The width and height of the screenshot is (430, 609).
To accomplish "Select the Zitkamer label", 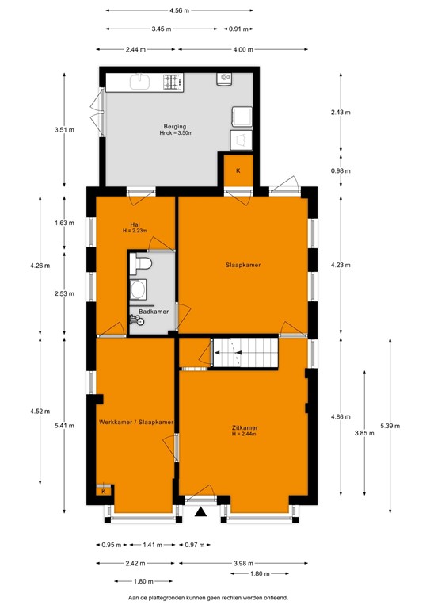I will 245,427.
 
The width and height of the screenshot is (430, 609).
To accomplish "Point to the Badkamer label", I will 153,312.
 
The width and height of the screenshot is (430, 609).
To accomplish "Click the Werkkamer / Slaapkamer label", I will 136,423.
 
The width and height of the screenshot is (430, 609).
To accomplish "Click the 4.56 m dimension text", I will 179,10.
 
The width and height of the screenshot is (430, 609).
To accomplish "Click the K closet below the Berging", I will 238,170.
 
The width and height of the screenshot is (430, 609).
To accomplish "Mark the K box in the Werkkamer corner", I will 103,492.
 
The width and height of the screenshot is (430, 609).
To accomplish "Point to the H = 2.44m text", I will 245,435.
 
